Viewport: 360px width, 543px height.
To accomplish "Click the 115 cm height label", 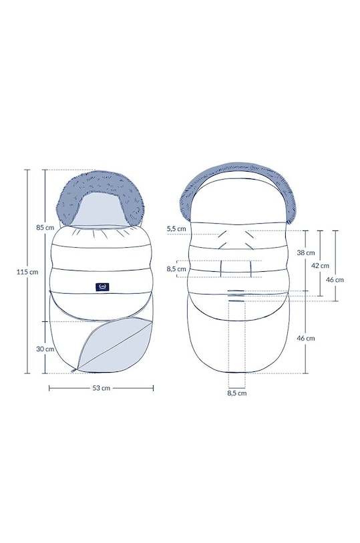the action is (x=27, y=272).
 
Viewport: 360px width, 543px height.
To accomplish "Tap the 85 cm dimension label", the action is (x=45, y=228).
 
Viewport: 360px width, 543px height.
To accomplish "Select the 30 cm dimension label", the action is (x=45, y=349).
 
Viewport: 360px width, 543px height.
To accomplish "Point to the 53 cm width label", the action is (x=101, y=388).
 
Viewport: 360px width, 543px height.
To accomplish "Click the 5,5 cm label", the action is (x=176, y=228).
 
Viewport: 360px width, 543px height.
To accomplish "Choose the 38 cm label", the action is (x=306, y=252).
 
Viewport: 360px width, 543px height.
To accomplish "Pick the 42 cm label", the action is (x=320, y=266).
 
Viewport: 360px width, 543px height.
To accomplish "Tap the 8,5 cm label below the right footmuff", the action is (x=237, y=393).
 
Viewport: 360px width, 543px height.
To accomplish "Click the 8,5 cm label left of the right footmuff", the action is (x=176, y=268).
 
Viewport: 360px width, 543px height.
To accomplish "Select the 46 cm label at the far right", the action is (x=335, y=279).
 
